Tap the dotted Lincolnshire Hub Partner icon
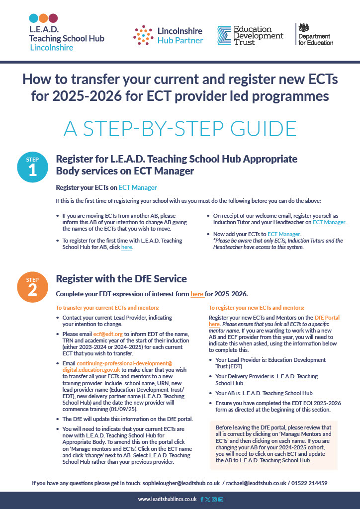pyautogui.click(x=143, y=35)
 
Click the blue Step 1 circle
pyautogui.click(x=32, y=168)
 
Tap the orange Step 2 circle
pyautogui.click(x=32, y=287)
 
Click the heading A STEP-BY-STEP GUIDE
pyautogui.click(x=180, y=128)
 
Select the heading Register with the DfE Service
pyautogui.click(x=121, y=279)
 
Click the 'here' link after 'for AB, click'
pyautogui.click(x=127, y=247)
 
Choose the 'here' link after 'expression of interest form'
pyautogui.click(x=197, y=294)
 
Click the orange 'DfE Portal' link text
pyautogui.click(x=327, y=317)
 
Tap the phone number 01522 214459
pyautogui.click(x=309, y=483)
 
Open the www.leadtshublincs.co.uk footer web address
pyautogui.click(x=167, y=499)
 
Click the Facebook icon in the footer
pyautogui.click(x=202, y=499)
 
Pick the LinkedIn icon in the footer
pyautogui.click(x=221, y=499)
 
